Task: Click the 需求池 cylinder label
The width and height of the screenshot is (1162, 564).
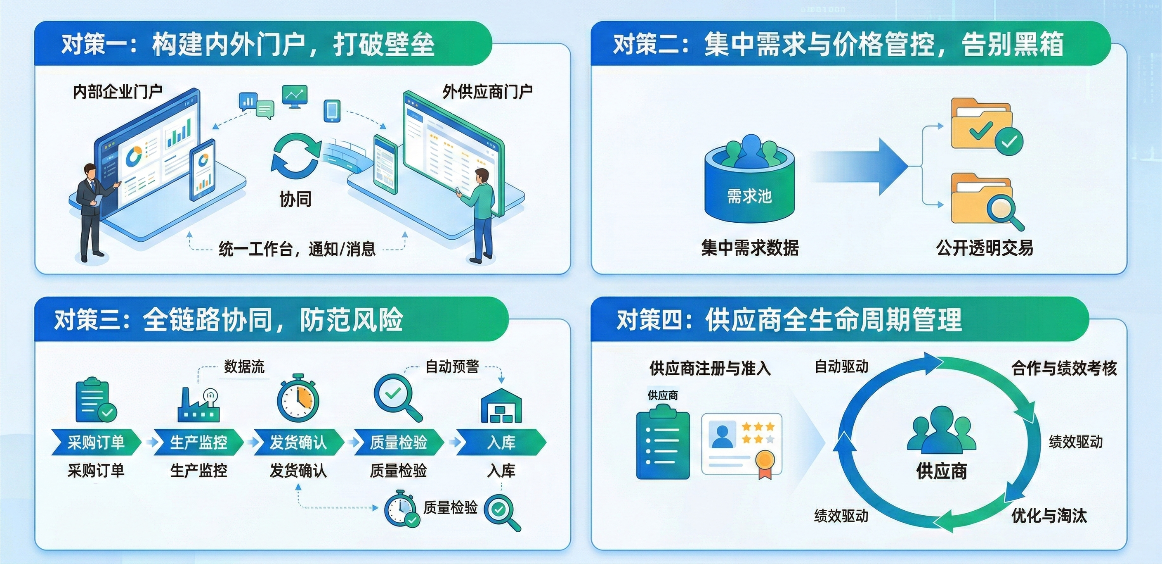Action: coord(749,196)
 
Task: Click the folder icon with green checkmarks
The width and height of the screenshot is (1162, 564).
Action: coord(987,127)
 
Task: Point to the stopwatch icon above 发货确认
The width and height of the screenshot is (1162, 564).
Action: coord(298,398)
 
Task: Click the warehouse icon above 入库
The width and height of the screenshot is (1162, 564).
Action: coord(501,405)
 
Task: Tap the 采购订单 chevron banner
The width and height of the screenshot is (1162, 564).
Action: coord(96,442)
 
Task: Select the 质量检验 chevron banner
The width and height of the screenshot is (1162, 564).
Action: coord(398,442)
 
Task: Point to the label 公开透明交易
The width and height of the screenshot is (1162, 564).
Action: coord(984,248)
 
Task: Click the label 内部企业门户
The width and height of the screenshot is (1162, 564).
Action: coord(118,92)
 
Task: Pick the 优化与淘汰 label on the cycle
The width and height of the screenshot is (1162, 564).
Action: coord(1049,515)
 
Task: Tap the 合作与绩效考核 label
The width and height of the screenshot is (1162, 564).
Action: coord(1064,369)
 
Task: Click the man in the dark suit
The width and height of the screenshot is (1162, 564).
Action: coord(94,212)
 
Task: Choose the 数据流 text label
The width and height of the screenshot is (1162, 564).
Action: coord(244,366)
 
